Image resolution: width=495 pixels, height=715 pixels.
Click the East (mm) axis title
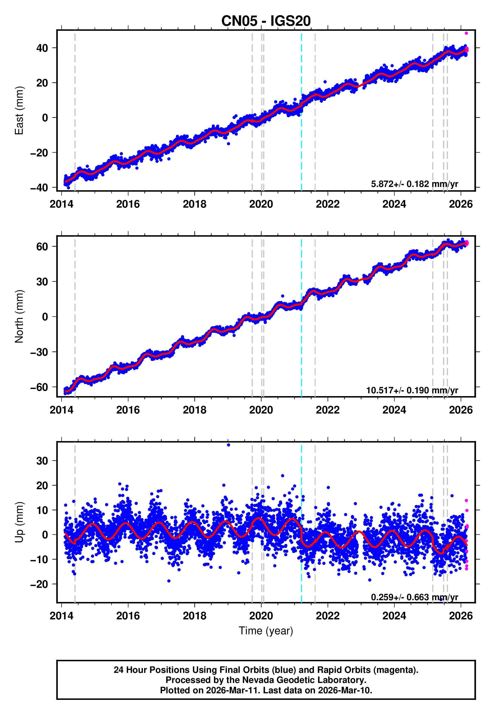click(x=19, y=111)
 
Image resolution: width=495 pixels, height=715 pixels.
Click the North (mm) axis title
click(x=19, y=316)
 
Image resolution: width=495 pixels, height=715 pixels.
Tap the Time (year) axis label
click(x=266, y=631)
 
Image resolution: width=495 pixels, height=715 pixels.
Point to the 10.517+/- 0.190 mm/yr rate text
click(x=412, y=390)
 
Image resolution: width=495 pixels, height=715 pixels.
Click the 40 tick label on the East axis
click(x=42, y=48)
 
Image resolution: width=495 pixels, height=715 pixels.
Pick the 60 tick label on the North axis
click(x=42, y=246)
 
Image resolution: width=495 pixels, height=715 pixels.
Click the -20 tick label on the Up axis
click(x=39, y=584)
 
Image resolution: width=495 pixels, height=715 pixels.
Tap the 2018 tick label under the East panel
click(x=195, y=204)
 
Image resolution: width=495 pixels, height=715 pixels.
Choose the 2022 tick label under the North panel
click(x=327, y=410)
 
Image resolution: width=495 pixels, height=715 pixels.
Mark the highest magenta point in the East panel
click(x=466, y=33)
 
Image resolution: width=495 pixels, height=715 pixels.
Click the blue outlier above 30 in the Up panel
click(x=229, y=445)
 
